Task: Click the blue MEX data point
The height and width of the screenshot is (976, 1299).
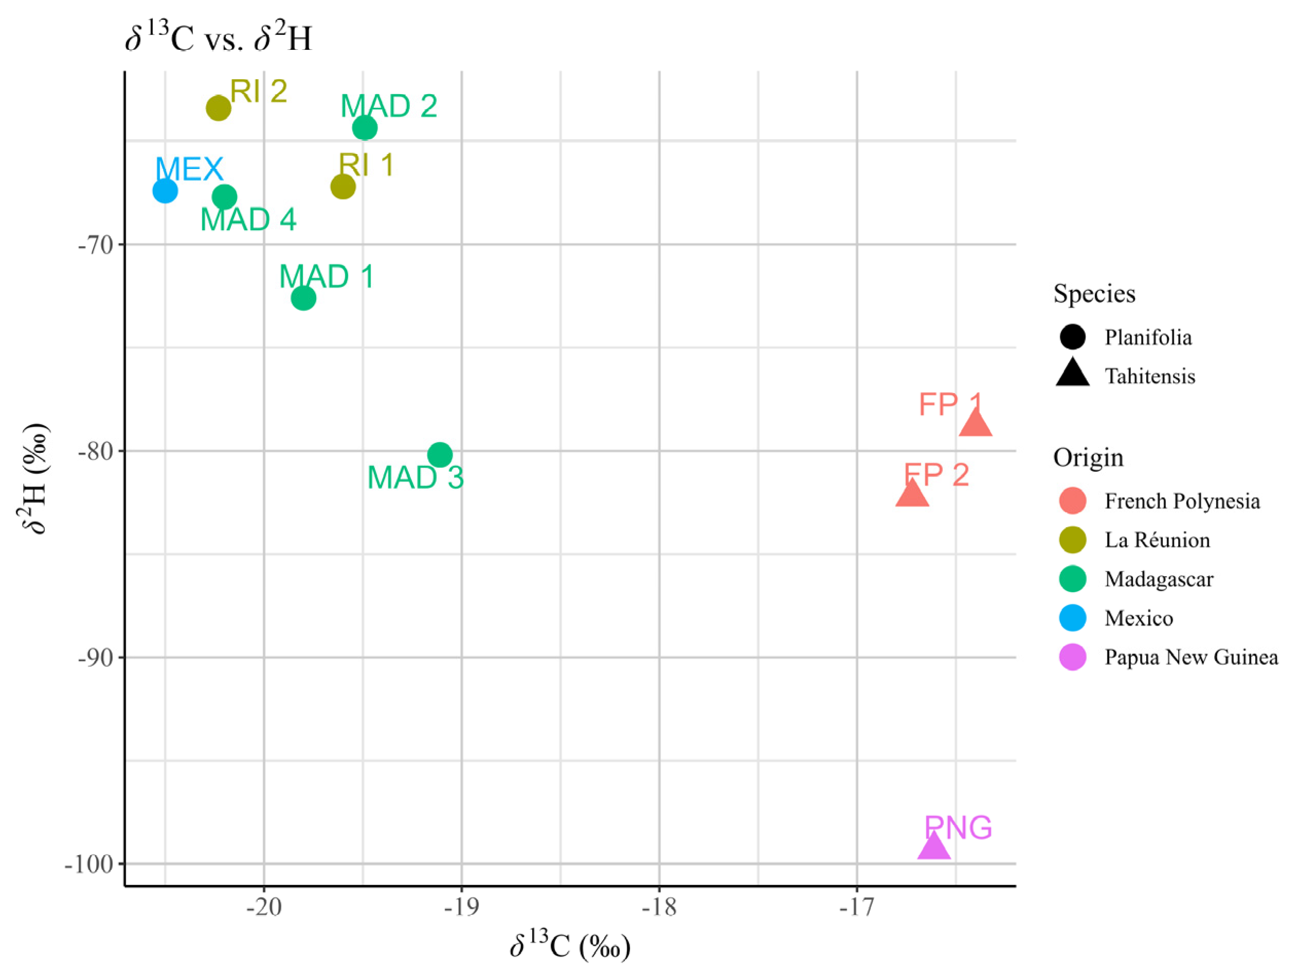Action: (165, 191)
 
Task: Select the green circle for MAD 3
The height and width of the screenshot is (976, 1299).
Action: (440, 454)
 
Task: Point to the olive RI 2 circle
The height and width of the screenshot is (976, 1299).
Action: (219, 108)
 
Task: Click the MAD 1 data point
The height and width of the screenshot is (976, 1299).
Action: (303, 298)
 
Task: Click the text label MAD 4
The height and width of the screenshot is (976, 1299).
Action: (248, 220)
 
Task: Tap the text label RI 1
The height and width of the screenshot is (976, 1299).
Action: (367, 165)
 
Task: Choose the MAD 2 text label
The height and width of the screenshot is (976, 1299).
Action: (389, 106)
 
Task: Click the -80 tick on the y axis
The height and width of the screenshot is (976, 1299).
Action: (96, 451)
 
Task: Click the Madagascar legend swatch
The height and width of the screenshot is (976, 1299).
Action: (1072, 579)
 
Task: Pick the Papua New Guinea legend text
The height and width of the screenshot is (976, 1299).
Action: (1191, 657)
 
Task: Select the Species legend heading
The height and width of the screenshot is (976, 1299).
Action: (1094, 293)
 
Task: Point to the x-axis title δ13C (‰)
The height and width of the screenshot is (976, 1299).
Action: (570, 946)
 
